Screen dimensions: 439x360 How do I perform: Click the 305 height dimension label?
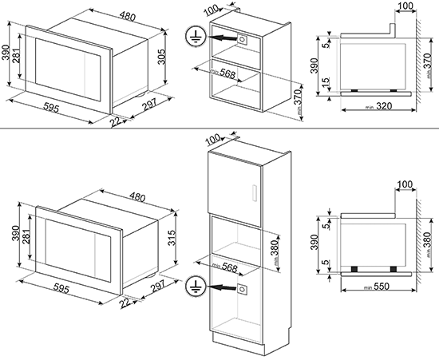point(161,56)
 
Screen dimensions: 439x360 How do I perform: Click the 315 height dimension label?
point(172,238)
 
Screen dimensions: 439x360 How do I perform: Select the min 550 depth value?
point(377,287)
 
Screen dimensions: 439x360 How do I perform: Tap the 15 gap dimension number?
point(326,83)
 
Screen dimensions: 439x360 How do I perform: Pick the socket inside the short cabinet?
point(243,38)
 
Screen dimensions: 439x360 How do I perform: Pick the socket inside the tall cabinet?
point(243,289)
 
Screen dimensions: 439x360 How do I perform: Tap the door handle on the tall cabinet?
point(255,192)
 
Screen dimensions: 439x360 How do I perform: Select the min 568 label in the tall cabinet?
point(225,267)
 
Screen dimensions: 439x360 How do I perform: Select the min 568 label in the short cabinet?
point(223,73)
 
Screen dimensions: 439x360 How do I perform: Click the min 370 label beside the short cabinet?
point(299,101)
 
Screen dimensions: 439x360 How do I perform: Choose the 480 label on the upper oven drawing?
point(128,16)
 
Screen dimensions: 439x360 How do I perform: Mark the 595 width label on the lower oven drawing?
point(61,288)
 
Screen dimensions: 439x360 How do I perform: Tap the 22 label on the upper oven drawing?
point(116,122)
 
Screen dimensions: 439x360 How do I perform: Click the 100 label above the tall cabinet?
point(212,139)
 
